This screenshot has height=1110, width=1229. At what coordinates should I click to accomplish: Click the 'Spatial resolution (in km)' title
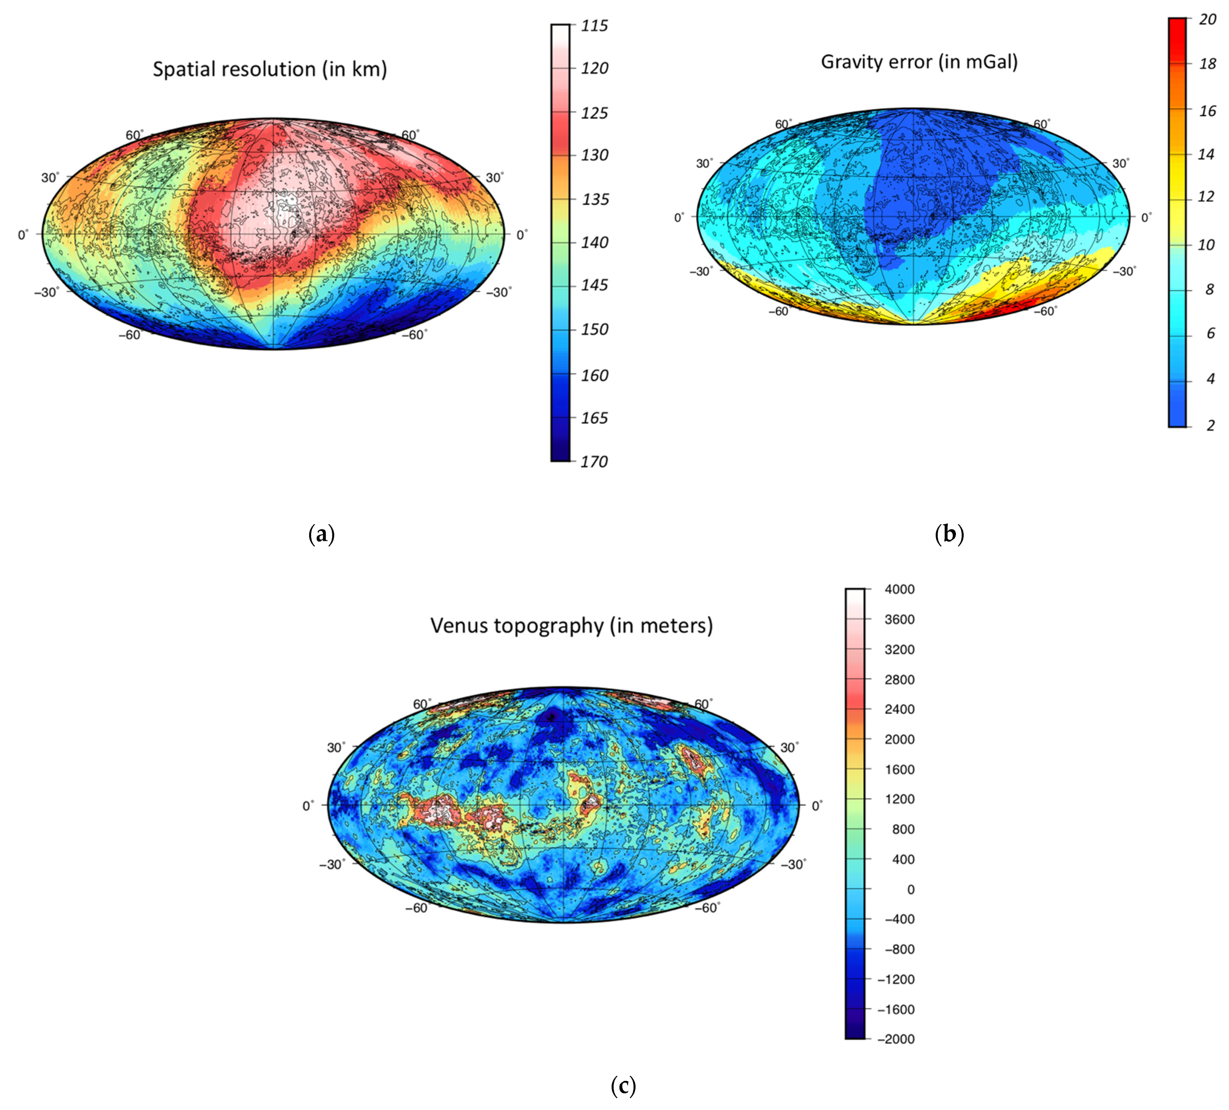point(270,69)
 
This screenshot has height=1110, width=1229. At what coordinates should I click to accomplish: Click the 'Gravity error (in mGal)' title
point(919,61)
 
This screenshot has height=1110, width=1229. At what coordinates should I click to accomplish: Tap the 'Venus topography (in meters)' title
point(571,625)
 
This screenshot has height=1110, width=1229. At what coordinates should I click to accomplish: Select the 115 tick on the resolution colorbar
point(594,26)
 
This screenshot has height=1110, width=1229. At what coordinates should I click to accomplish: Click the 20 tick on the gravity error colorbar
point(1207,20)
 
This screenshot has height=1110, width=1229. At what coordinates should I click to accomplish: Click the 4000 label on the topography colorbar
point(899,589)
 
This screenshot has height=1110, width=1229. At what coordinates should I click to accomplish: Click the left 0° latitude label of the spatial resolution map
point(23,235)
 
